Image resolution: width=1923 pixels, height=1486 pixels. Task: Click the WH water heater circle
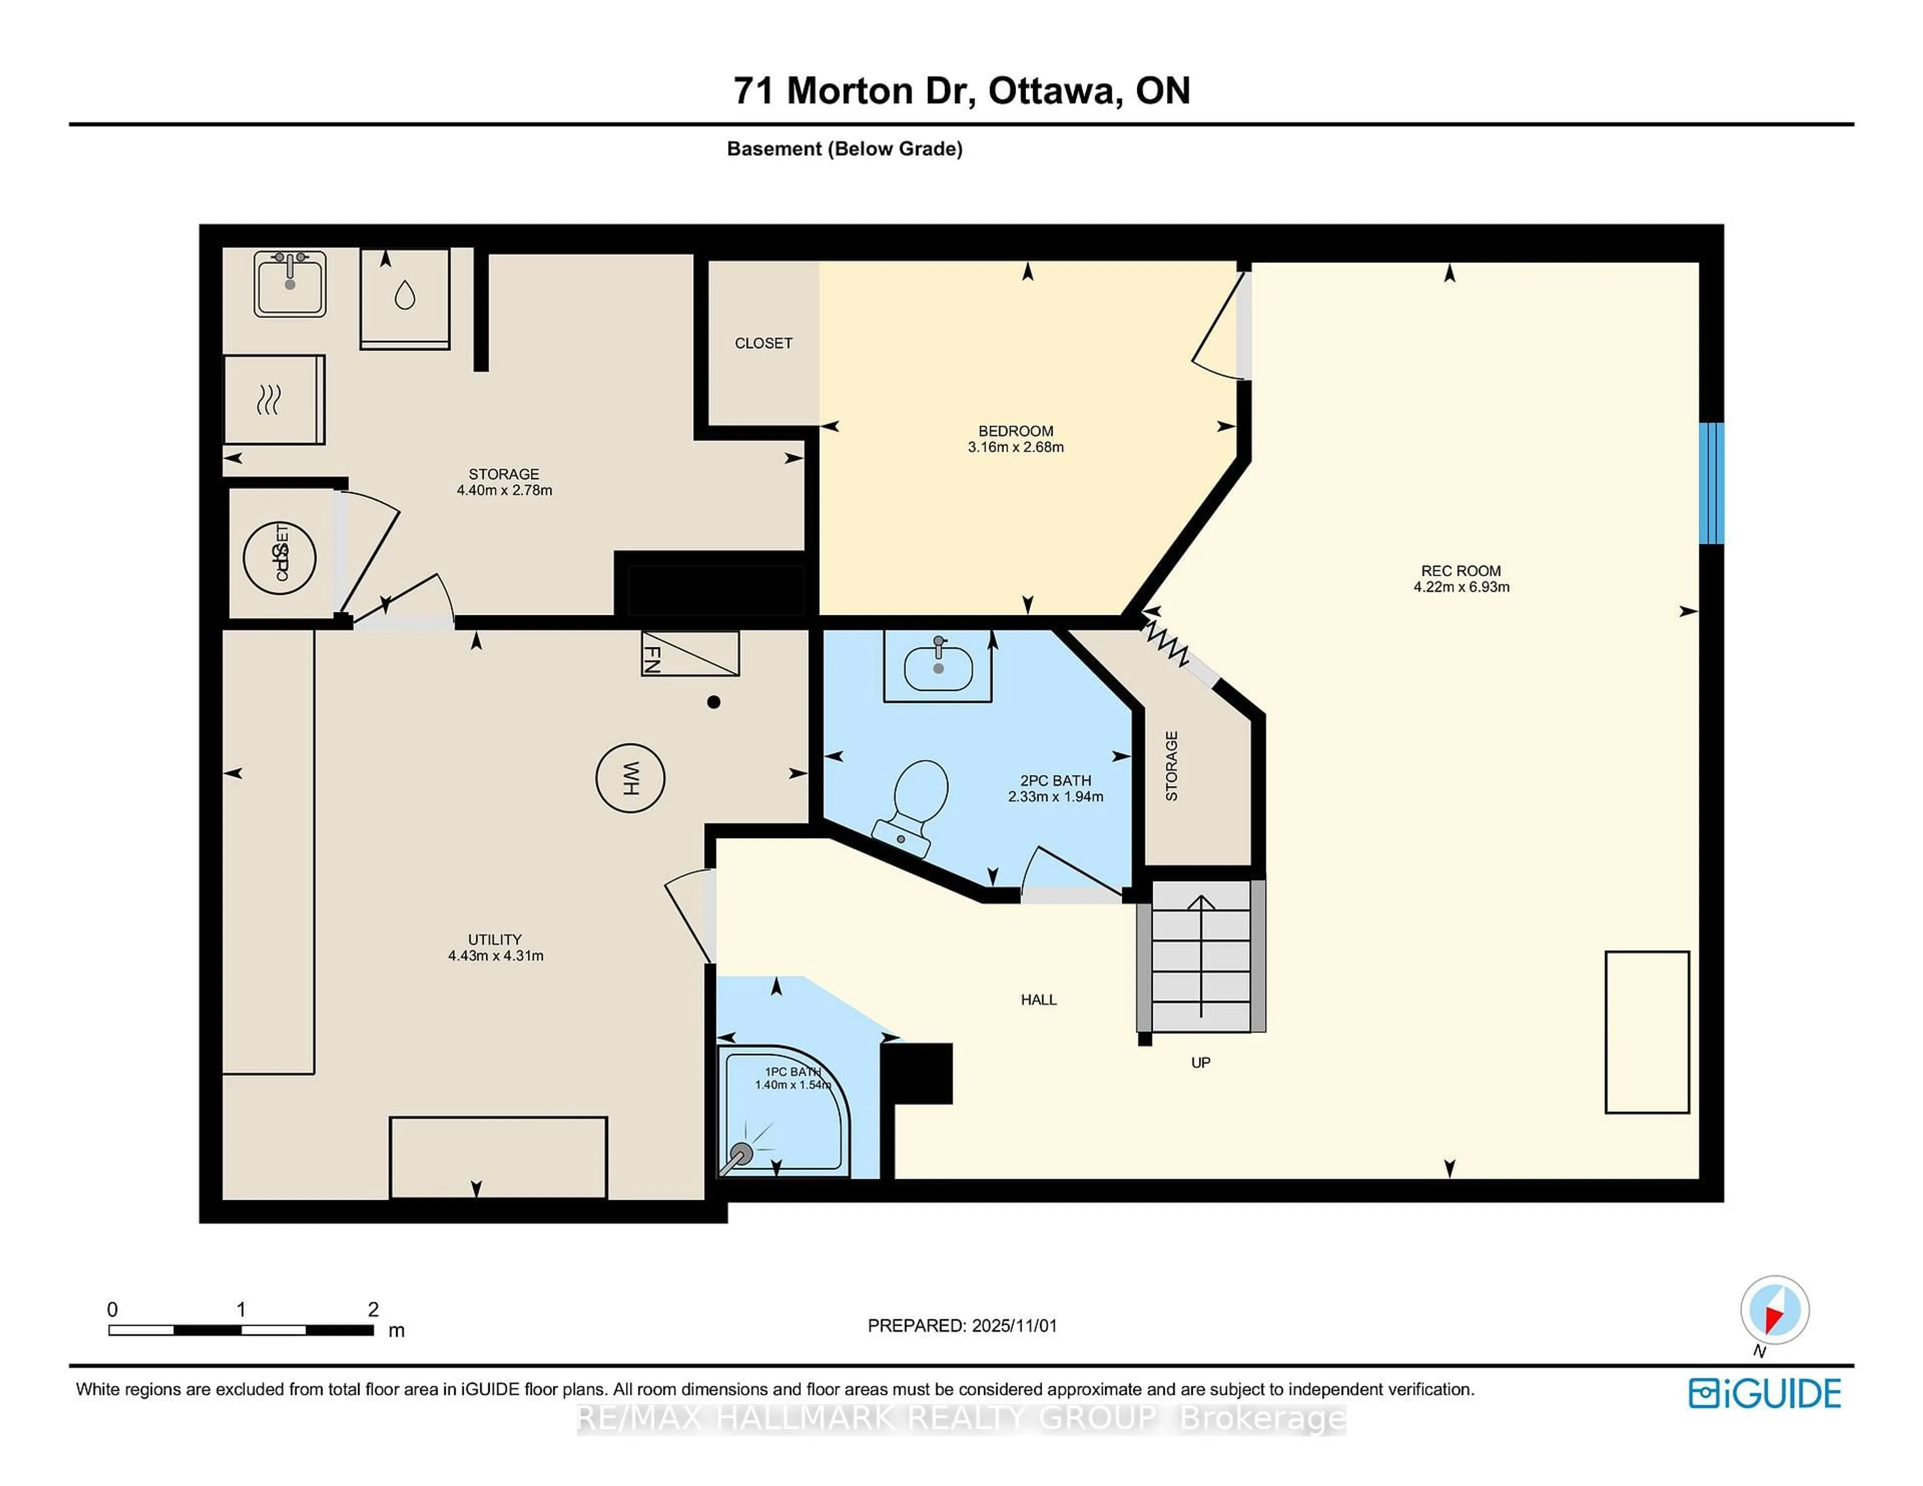pos(629,778)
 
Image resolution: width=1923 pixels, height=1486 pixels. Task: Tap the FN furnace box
pos(690,654)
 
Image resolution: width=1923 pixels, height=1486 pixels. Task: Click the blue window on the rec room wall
pos(1710,483)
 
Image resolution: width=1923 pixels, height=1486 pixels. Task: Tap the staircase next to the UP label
pos(1201,960)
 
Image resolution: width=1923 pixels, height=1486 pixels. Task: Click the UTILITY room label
pos(495,939)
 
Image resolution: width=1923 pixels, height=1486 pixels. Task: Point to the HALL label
pos(1038,999)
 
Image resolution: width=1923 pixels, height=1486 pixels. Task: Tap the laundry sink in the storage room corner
pos(289,283)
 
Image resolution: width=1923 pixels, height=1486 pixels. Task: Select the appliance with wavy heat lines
pos(274,400)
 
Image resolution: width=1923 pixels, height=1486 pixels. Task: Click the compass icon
pos(1774,1310)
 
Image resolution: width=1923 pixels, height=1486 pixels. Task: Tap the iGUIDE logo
pos(1765,1393)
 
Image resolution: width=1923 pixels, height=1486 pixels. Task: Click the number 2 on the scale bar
pos(373,1309)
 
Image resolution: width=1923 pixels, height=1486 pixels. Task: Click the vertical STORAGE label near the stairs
pos(1171,766)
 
